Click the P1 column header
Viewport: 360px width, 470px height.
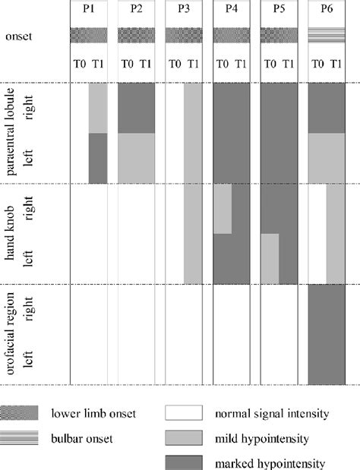pos(89,10)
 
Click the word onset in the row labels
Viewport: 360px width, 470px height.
pos(21,36)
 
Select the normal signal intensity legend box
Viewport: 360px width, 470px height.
pos(184,414)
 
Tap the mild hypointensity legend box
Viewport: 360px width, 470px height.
pos(184,438)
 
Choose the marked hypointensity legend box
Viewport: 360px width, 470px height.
pos(184,462)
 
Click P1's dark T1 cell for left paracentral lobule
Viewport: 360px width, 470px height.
pos(98,158)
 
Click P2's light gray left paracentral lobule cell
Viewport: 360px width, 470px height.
pos(137,158)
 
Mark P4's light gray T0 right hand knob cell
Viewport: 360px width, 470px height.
pos(223,209)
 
